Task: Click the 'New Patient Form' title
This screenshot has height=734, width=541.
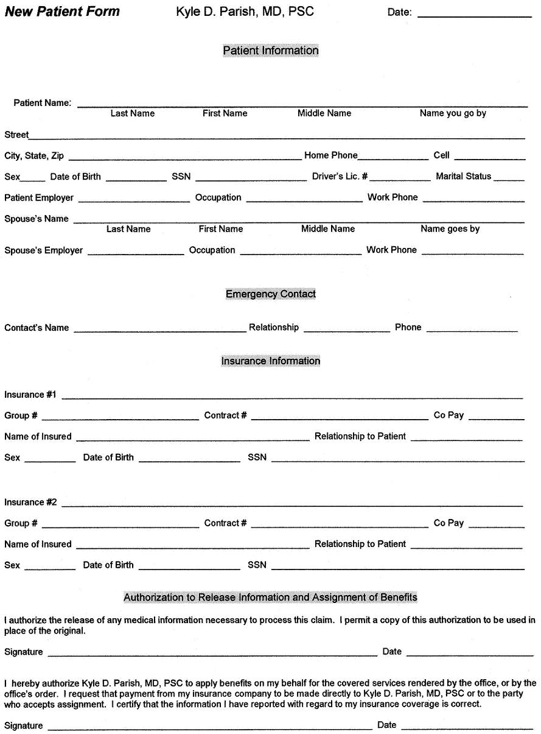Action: pos(63,12)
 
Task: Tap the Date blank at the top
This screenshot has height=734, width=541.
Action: pos(474,12)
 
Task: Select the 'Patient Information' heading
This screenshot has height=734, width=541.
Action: pos(270,51)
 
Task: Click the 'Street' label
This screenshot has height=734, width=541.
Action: pos(16,135)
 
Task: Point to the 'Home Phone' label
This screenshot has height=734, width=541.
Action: pos(330,155)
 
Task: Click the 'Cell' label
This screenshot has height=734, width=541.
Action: pos(441,155)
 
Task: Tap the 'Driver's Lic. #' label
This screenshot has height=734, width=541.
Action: pos(340,177)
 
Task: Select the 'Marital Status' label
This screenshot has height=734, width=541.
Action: pos(463,177)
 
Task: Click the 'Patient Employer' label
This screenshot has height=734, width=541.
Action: pos(39,198)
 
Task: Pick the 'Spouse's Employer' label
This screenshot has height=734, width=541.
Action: pos(44,250)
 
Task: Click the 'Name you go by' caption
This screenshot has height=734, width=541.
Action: pos(453,113)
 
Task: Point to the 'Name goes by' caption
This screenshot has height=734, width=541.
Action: pos(450,229)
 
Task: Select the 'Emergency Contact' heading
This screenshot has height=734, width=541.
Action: pos(270,294)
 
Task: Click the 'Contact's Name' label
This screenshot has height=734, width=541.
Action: pos(37,328)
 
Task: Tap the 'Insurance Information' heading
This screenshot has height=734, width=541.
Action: pos(270,361)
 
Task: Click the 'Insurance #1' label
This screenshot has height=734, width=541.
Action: pos(30,395)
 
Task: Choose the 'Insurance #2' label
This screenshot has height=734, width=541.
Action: pos(30,503)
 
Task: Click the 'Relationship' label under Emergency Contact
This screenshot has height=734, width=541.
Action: pos(274,328)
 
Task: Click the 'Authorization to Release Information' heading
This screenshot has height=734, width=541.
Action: pos(270,598)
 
